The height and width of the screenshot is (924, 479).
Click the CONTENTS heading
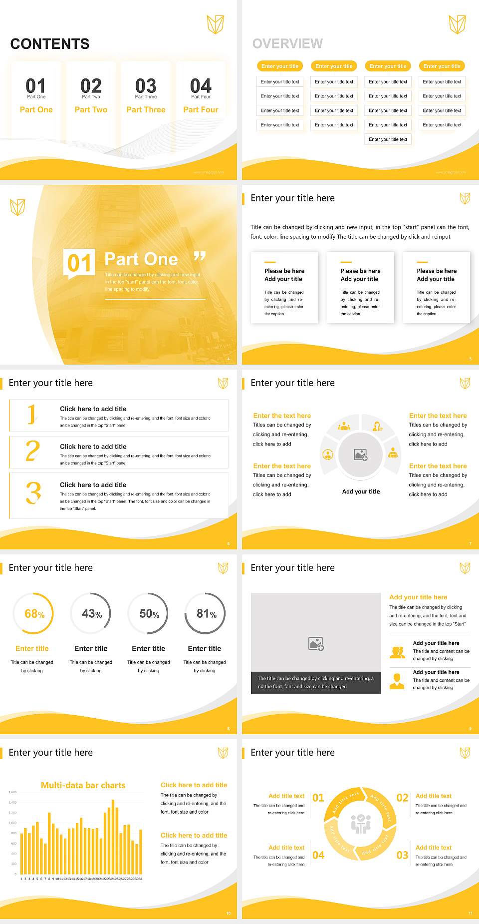pos(50,44)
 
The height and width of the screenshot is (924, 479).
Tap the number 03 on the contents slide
pos(146,86)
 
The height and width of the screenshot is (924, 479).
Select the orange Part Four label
pos(201,109)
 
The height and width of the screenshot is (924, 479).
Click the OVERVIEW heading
pos(287,44)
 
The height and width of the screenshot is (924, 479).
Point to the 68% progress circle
pos(33,613)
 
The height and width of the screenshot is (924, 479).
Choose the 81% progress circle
pos(205,613)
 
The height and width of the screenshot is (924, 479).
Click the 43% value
pos(92,614)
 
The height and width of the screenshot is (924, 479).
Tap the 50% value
pos(149,614)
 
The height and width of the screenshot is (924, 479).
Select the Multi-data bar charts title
pos(83,785)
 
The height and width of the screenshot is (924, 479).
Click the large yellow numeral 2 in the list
pos(32,451)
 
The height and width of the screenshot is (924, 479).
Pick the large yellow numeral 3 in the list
pos(33,492)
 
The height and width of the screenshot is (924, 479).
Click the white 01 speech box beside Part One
pos(79,263)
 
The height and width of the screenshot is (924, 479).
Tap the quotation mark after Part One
pos(200,257)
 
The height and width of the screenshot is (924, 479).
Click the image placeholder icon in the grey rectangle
pos(316,644)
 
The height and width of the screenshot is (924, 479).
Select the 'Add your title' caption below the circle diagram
pos(361,491)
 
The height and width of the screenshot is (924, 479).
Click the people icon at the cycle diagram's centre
pos(360,824)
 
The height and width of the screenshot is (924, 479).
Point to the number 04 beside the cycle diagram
pos(318,855)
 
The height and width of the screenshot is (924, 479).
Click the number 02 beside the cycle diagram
pos(402,798)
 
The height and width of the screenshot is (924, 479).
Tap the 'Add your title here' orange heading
pos(418,597)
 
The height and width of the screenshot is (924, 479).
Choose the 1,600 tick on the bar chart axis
pos(12,792)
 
